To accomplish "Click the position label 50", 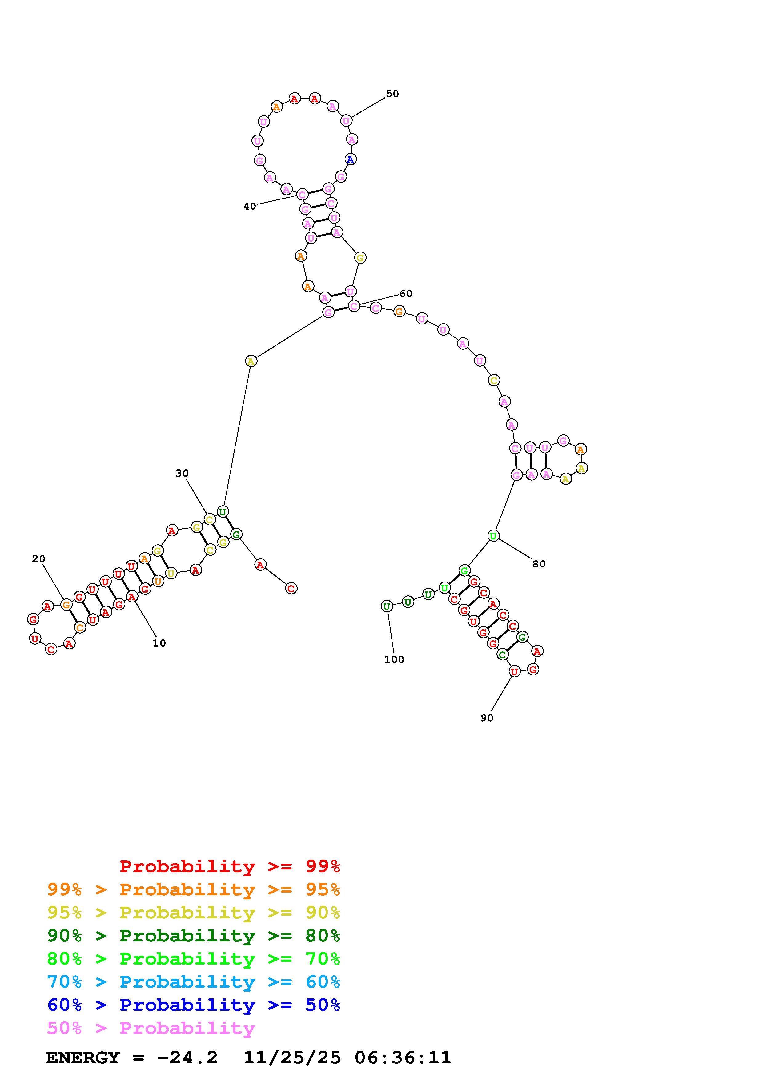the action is (x=392, y=94).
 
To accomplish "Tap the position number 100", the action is (x=394, y=659).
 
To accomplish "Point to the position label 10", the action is (x=159, y=643).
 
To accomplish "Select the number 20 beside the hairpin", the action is (x=38, y=559).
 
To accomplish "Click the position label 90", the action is (x=487, y=718).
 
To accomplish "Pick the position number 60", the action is (x=406, y=293).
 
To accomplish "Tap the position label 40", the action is (x=250, y=206).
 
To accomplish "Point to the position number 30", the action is (x=182, y=473).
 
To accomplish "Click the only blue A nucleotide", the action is (x=350, y=159).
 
